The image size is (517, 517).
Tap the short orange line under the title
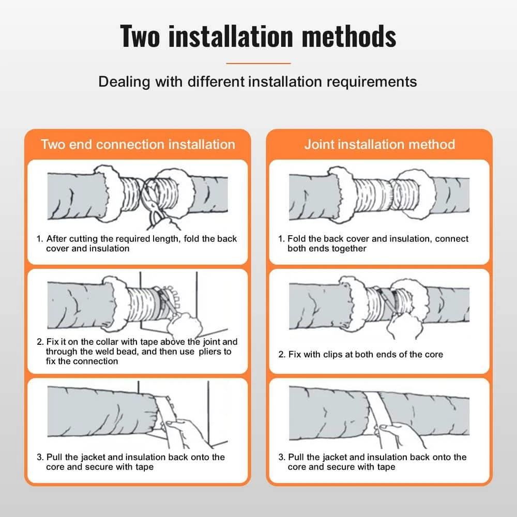(258, 63)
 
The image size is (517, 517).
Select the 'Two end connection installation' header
(138, 144)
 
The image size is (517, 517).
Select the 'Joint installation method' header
(379, 144)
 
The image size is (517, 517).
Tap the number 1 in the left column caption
(39, 239)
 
